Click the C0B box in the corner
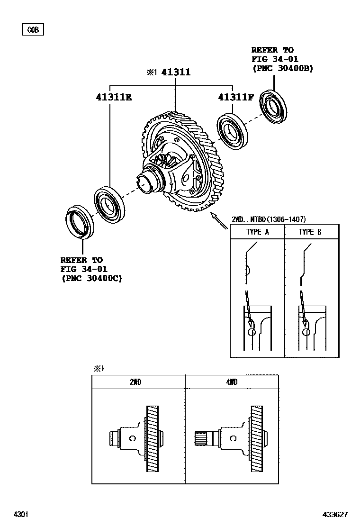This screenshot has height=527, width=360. [33, 30]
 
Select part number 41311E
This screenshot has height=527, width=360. [114, 98]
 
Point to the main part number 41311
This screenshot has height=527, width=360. [176, 73]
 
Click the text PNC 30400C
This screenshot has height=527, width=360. [91, 279]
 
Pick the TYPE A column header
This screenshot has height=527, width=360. [257, 232]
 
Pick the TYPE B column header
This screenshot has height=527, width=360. [312, 232]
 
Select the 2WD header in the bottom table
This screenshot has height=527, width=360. [135, 382]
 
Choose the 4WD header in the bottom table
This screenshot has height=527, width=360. [232, 382]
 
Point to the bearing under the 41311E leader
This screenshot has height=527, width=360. [109, 204]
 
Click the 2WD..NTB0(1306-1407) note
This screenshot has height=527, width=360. [269, 219]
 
